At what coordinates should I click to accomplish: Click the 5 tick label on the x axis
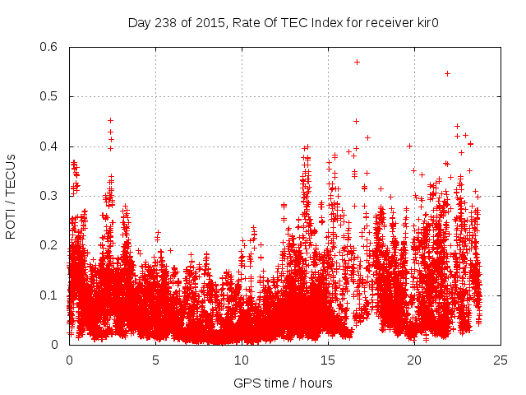pos(155,359)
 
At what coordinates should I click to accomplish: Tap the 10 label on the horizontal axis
pos(242,359)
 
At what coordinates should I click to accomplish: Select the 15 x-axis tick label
pos(328,359)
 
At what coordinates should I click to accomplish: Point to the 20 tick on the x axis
pos(414,359)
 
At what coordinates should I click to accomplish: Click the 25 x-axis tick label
pos(501,359)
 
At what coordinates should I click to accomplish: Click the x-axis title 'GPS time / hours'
pos(284,383)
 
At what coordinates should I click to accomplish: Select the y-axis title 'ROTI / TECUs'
pos(12,196)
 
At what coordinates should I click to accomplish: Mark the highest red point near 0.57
pos(357,62)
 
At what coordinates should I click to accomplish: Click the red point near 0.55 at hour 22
pos(447,73)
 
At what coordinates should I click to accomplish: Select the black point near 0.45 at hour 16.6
pos(356,121)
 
